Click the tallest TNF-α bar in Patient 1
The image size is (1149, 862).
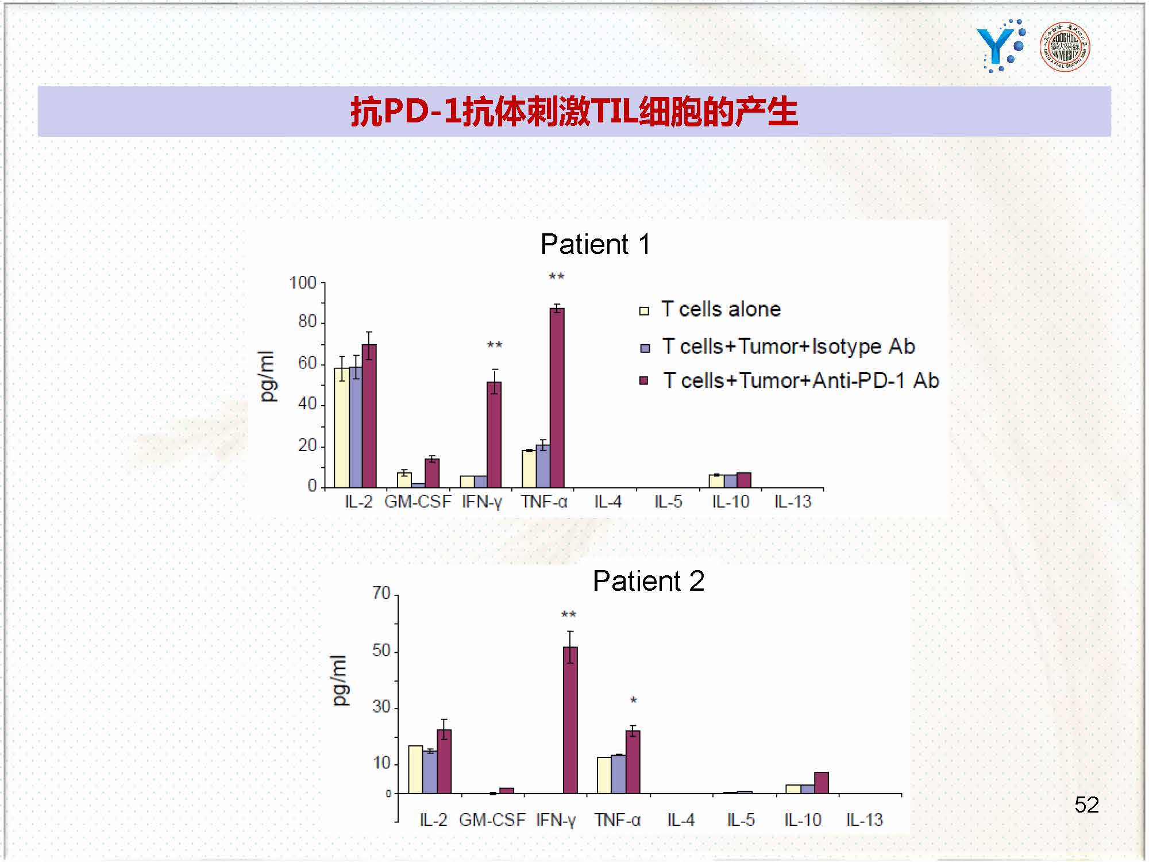(x=557, y=398)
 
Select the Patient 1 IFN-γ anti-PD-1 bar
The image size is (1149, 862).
(x=494, y=434)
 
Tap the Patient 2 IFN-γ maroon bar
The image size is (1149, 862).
(x=570, y=720)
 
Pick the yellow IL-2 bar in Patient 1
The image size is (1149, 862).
(x=342, y=428)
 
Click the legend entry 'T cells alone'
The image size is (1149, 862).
(x=710, y=309)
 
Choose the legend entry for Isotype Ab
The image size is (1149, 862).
(x=777, y=347)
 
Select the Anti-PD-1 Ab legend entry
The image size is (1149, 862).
(x=789, y=380)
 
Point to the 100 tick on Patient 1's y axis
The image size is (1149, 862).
(x=302, y=283)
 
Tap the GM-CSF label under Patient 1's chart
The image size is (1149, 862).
(x=418, y=502)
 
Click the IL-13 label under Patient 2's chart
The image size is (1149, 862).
(x=864, y=820)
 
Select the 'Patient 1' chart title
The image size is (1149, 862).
(x=595, y=244)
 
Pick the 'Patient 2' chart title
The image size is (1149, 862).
(x=648, y=581)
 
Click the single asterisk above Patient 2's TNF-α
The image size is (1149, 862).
(x=633, y=701)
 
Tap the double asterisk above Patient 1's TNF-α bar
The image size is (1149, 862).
(x=556, y=276)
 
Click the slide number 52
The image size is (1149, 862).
(x=1086, y=805)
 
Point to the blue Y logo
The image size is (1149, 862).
(x=1001, y=46)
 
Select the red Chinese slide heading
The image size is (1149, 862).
(x=574, y=111)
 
